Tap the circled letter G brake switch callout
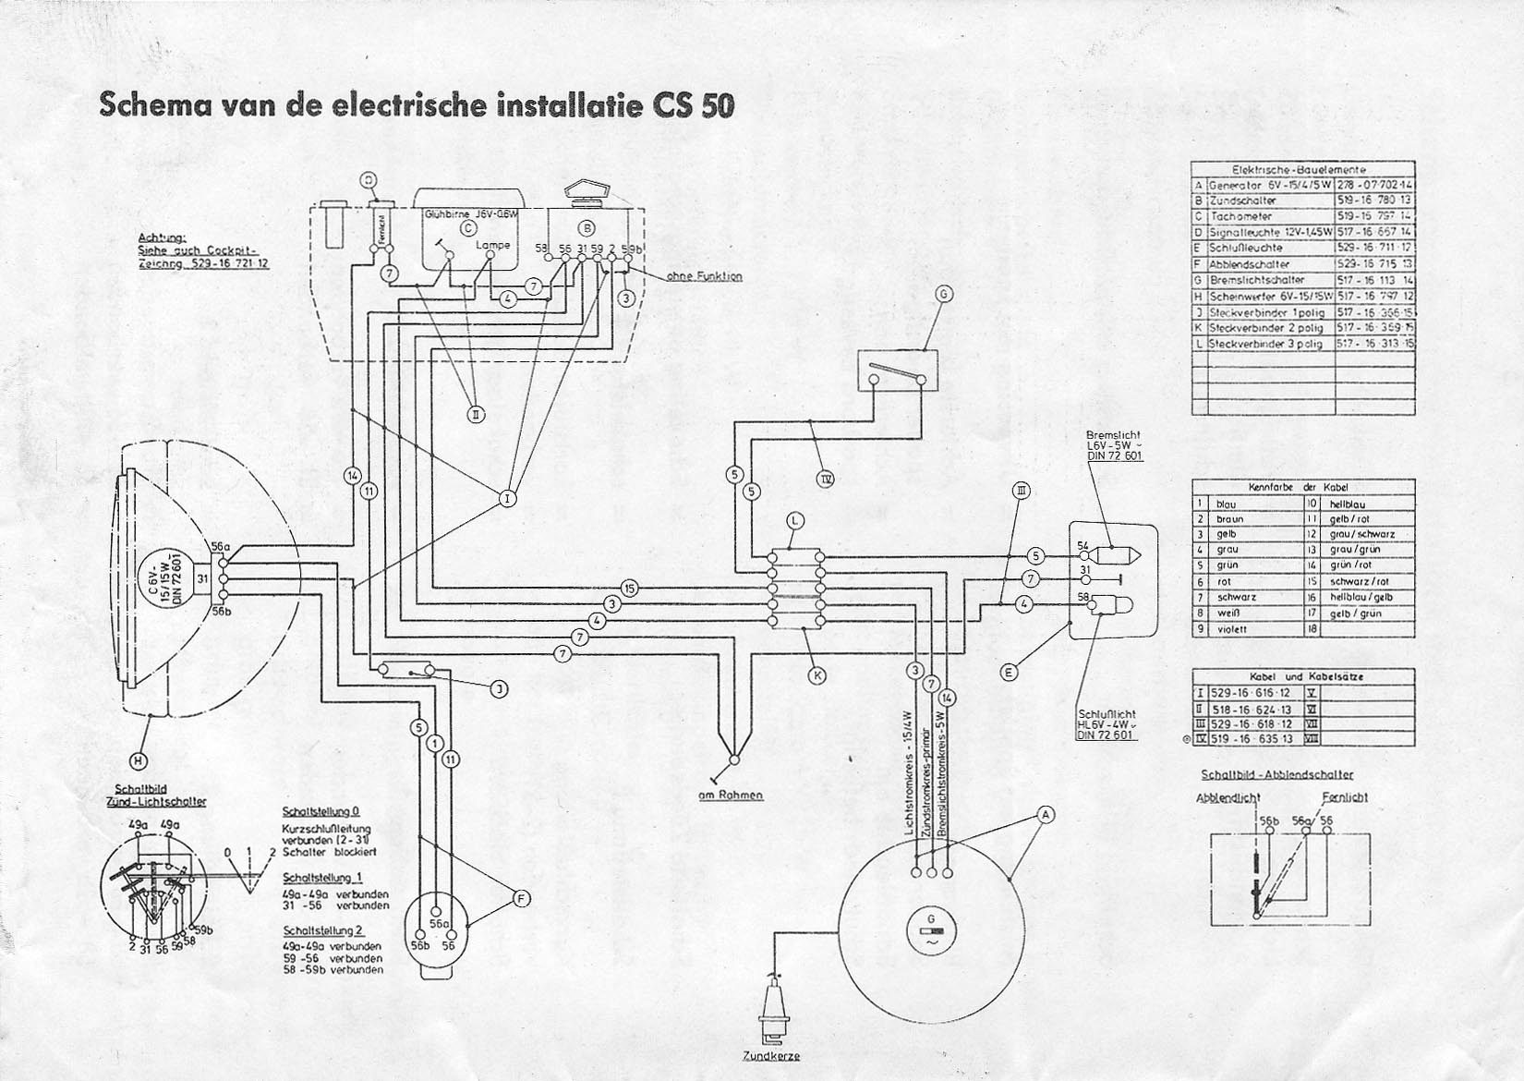click(x=943, y=295)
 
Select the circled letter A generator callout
click(x=1046, y=814)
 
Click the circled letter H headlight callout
click(x=138, y=760)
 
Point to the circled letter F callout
click(x=521, y=897)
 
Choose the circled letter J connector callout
click(x=497, y=688)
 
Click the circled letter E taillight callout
click(x=1010, y=673)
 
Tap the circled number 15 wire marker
click(x=630, y=588)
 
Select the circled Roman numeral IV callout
click(x=825, y=478)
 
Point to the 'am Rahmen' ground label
click(x=731, y=795)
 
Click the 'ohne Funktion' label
click(x=703, y=276)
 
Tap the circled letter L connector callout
click(x=795, y=521)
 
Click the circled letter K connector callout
click(x=817, y=675)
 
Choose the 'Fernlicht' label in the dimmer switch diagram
click(x=1344, y=796)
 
